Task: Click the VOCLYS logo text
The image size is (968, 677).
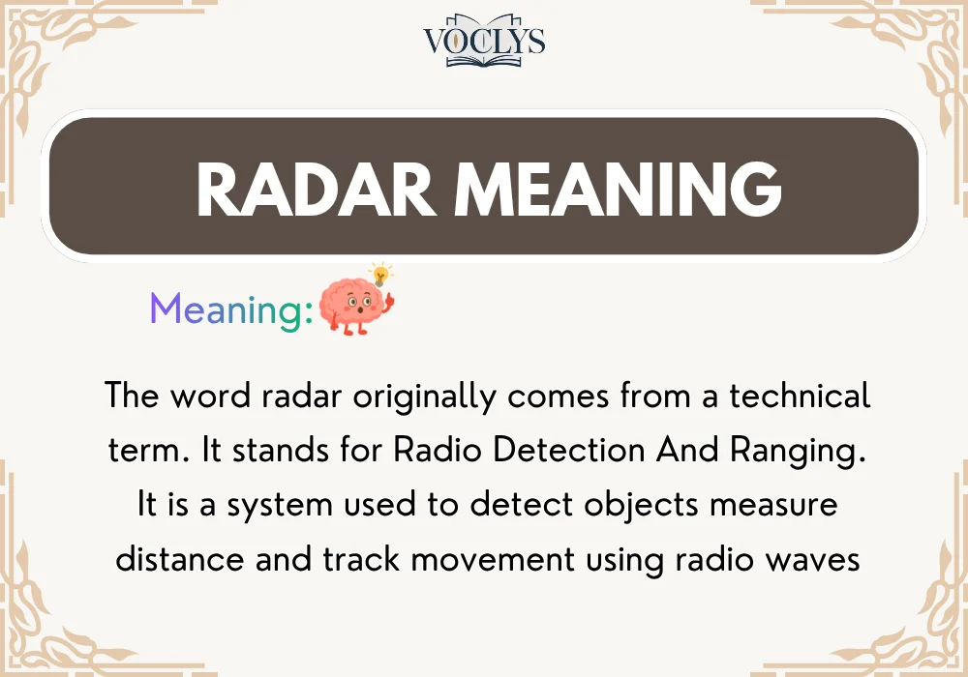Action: click(484, 41)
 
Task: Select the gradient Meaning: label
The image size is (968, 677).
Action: click(231, 309)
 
